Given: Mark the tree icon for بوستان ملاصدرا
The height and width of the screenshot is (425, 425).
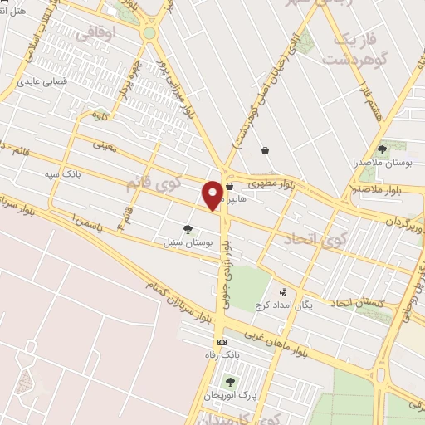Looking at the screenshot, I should (x=383, y=149).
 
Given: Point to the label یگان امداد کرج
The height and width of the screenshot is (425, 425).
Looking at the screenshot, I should (x=308, y=305).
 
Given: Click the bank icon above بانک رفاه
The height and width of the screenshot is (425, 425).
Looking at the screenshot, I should (x=222, y=342).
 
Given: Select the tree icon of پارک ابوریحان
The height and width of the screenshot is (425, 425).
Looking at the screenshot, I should (x=230, y=381).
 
